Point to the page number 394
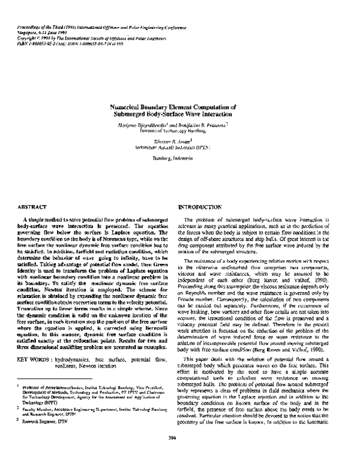pyautogui.click(x=180, y=453)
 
